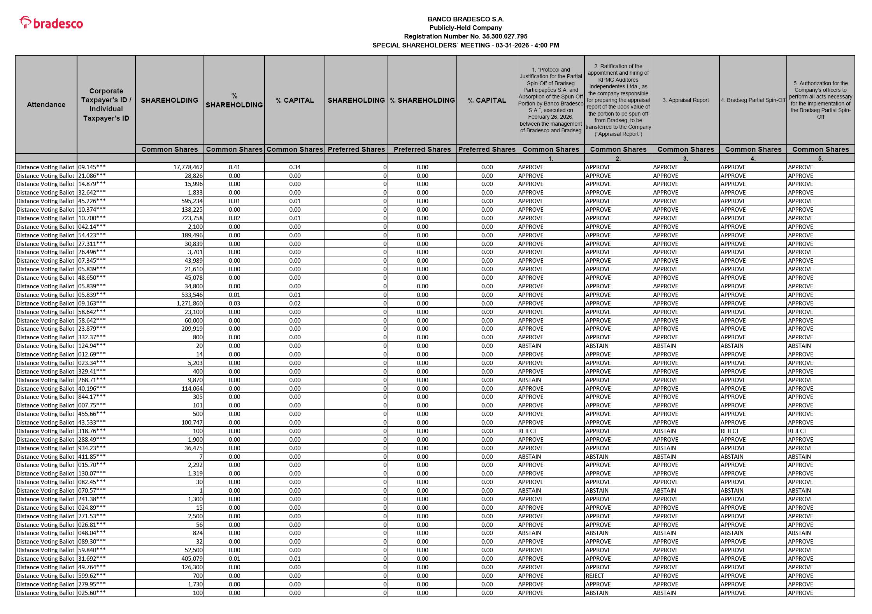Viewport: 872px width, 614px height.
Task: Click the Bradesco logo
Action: (x=51, y=23)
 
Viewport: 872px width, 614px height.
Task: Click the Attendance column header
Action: (x=46, y=105)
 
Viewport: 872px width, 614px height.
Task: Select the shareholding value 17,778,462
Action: (x=188, y=167)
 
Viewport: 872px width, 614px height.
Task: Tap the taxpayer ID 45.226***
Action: (x=92, y=201)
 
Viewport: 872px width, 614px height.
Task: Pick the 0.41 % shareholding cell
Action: (x=234, y=167)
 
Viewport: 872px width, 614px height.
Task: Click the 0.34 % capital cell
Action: (x=295, y=167)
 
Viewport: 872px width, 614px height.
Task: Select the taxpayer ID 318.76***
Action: (x=92, y=431)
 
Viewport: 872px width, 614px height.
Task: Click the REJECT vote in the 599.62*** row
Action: (x=595, y=576)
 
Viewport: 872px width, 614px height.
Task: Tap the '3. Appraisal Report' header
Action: (x=686, y=100)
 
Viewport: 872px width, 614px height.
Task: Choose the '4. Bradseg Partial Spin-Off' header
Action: (x=753, y=100)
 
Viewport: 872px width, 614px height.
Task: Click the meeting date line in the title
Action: (x=465, y=45)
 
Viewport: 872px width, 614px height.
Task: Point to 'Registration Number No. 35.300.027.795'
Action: (x=465, y=37)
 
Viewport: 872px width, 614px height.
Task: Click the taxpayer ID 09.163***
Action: (x=92, y=303)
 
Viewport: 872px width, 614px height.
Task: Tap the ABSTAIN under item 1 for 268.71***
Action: (x=530, y=380)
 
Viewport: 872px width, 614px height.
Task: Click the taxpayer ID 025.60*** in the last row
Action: (x=92, y=593)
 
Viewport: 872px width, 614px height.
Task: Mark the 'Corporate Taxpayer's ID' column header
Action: (x=106, y=105)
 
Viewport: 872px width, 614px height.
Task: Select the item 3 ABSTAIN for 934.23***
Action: (x=665, y=448)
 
